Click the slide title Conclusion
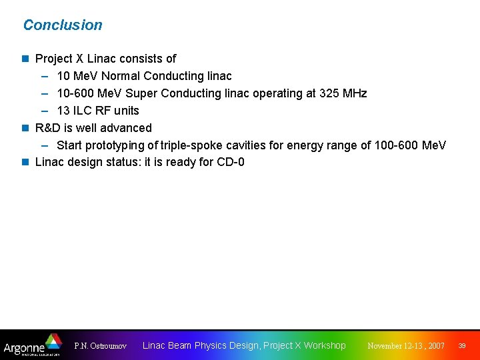click(63, 25)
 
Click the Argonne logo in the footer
click(32, 345)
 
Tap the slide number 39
click(461, 345)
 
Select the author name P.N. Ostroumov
click(101, 346)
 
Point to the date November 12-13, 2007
click(406, 346)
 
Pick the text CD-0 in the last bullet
click(231, 162)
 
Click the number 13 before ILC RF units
click(63, 111)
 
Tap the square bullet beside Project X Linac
click(26, 59)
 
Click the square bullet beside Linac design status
click(26, 162)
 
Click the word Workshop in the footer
click(325, 345)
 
